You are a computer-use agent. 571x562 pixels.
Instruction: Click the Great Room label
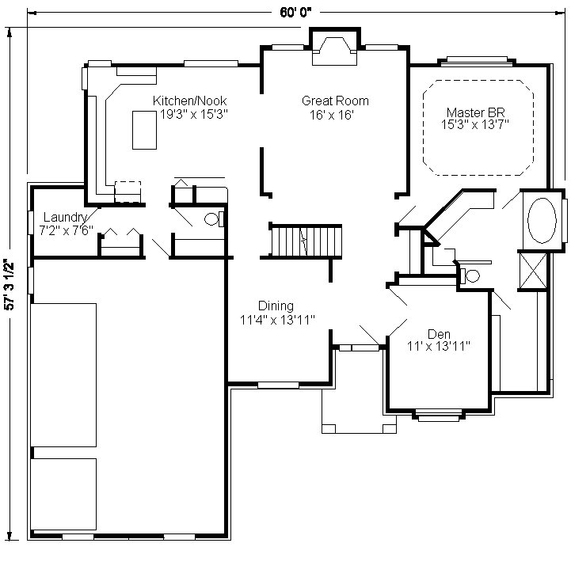[335, 101]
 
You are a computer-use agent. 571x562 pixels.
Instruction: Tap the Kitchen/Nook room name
[190, 101]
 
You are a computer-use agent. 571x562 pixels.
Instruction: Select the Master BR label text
[476, 112]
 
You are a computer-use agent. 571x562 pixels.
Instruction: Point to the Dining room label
[276, 306]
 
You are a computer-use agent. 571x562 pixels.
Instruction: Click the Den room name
[439, 334]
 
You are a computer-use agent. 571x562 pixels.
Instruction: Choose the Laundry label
[65, 218]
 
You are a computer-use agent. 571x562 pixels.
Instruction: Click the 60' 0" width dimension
[295, 13]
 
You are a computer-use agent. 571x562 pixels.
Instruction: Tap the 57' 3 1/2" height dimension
[9, 284]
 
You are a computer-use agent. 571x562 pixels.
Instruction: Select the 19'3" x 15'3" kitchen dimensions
[194, 114]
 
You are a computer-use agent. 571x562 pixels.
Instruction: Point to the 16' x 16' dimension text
[332, 115]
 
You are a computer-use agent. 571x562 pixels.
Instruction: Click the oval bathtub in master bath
[542, 221]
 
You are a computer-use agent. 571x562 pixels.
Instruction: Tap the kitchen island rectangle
[144, 130]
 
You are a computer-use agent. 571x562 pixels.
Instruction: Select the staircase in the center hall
[305, 241]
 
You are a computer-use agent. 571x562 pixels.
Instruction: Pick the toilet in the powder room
[213, 219]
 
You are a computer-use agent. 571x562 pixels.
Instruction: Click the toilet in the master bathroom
[470, 275]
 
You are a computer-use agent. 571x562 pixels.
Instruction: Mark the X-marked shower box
[533, 272]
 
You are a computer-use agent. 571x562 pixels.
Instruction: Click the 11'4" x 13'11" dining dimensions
[277, 320]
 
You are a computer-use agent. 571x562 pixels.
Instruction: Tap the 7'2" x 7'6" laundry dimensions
[66, 230]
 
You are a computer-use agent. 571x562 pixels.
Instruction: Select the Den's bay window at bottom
[439, 415]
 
